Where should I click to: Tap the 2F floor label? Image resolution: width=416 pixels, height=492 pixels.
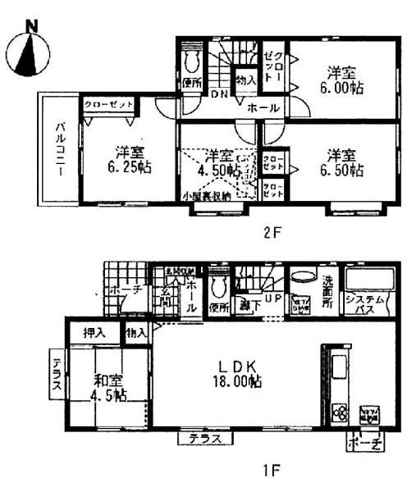point(272,232)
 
